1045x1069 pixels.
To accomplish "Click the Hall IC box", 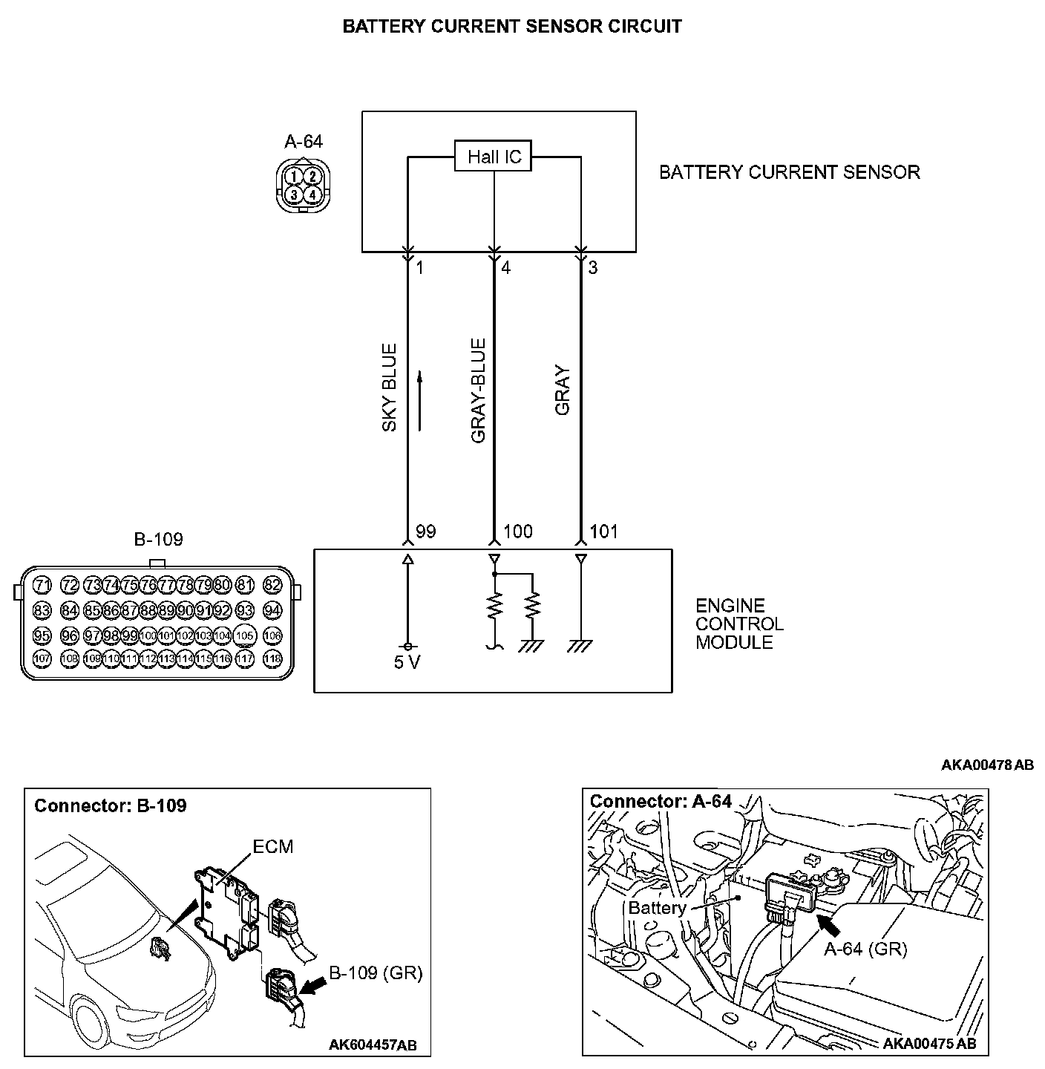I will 494,157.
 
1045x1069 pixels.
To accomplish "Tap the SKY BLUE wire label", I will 390,387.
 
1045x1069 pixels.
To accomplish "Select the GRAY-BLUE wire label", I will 478,391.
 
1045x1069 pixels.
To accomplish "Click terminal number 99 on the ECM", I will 425,532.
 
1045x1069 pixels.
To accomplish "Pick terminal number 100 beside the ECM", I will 517,532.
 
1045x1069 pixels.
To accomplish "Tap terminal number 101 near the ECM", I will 603,532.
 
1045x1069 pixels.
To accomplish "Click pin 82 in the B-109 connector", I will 273,585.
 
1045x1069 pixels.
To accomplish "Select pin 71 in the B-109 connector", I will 42,585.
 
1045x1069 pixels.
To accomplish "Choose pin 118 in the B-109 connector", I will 273,658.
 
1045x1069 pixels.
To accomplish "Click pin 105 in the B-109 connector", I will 245,635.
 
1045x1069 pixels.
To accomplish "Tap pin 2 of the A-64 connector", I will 314,176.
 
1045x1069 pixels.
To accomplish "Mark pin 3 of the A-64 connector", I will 295,194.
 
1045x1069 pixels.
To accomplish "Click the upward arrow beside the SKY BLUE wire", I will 420,401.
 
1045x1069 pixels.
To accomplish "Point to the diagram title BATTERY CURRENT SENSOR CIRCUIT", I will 512,27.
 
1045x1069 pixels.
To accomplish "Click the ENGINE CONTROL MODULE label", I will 739,624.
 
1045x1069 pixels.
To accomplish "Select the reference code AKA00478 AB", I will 987,765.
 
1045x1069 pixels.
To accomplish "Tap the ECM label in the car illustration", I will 272,846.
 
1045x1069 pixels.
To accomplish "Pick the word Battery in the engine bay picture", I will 657,908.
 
